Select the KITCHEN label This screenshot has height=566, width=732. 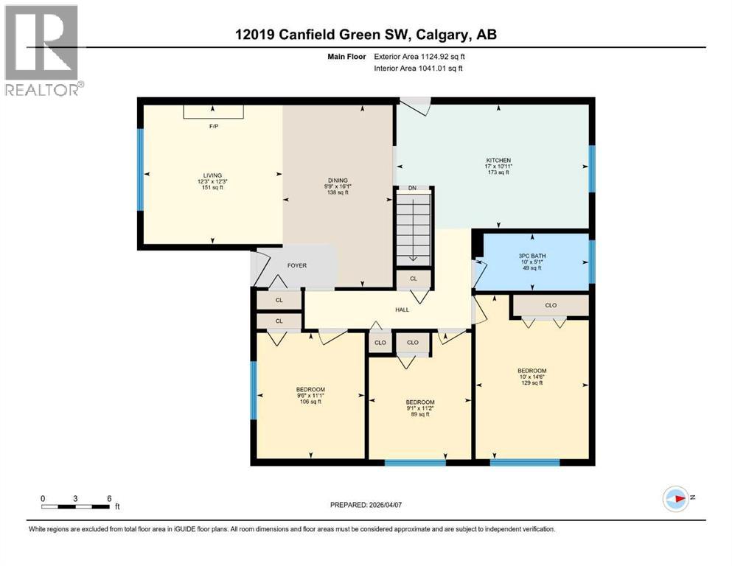coord(498,160)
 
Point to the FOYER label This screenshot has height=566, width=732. coord(297,265)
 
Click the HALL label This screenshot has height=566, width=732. coord(402,310)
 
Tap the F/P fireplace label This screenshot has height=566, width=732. coord(214,126)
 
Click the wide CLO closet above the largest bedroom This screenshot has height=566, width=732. coord(550,305)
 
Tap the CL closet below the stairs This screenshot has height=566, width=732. coord(413,279)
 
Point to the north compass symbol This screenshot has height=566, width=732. coord(676,498)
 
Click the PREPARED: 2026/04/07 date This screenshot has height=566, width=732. coord(367,505)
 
